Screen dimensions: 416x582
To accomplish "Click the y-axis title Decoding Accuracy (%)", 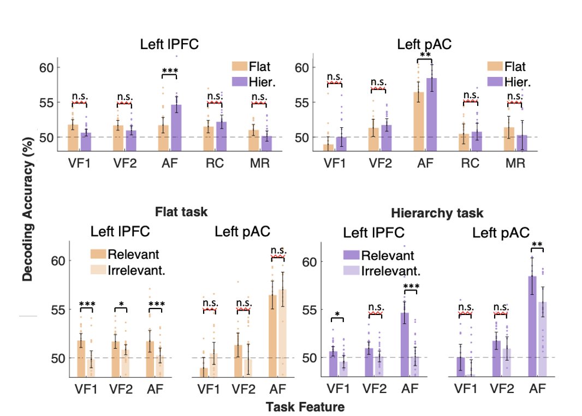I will click(x=27, y=212).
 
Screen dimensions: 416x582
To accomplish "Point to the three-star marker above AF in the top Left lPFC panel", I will click(x=170, y=70).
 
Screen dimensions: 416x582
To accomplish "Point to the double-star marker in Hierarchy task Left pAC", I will click(x=537, y=244).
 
